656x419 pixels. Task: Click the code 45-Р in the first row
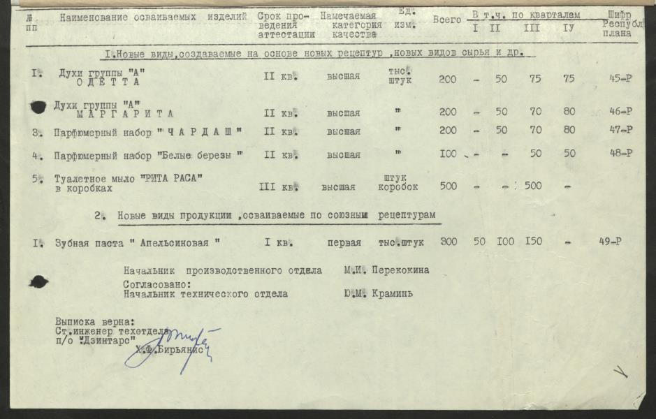620,78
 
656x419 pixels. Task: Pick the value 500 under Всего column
448,186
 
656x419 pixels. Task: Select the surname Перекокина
400,270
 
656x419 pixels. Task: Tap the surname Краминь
393,294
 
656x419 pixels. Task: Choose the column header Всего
446,20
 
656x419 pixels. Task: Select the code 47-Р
620,130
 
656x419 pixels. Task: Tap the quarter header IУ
568,29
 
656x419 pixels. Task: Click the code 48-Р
620,154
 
